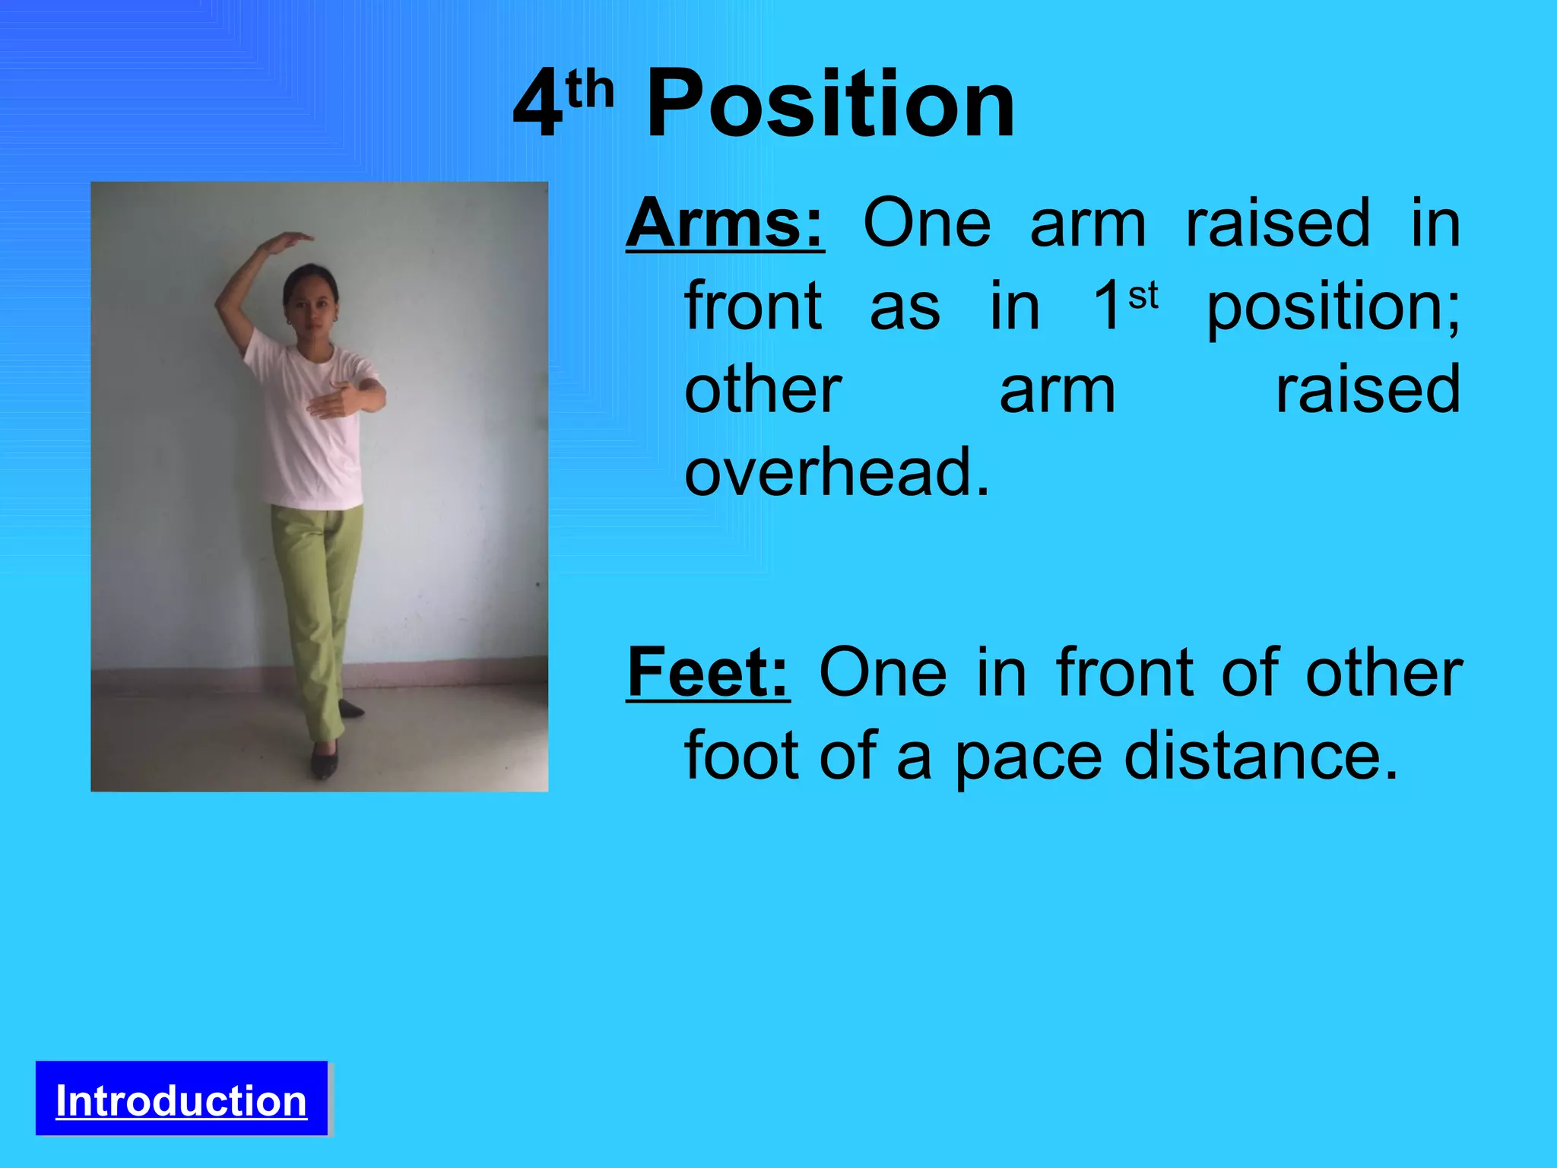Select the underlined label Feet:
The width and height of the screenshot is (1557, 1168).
click(708, 672)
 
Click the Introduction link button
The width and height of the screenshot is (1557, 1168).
click(181, 1100)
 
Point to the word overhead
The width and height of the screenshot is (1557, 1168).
click(836, 472)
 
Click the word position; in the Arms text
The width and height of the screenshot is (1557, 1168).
click(1333, 306)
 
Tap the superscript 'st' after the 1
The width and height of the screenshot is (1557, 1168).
click(1143, 297)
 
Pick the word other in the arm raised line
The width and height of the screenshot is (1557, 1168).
click(763, 390)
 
